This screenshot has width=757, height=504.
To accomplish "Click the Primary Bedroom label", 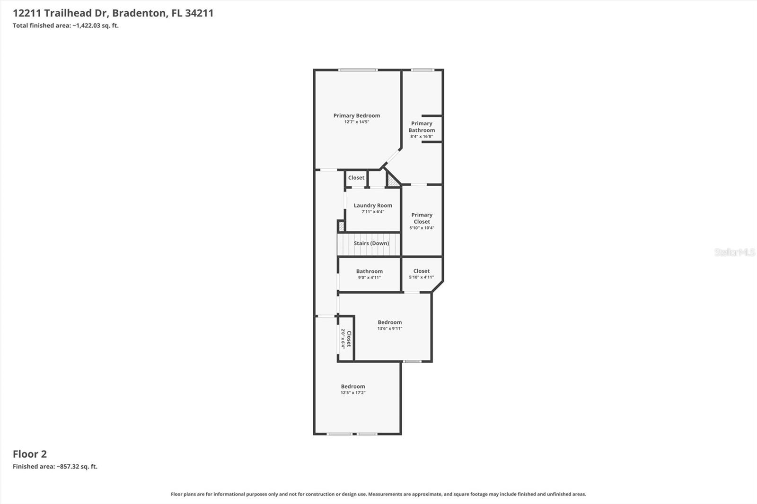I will (356, 115).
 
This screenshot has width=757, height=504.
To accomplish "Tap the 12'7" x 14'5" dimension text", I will (356, 122).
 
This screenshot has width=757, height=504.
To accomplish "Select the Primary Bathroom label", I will (422, 127).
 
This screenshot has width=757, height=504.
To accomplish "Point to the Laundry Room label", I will (373, 205).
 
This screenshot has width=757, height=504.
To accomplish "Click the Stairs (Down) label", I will (371, 243).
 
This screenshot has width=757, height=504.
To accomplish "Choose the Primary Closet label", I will (422, 218).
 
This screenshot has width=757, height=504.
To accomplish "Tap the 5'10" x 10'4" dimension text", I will (422, 228).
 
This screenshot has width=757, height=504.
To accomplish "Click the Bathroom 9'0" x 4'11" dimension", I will (369, 278).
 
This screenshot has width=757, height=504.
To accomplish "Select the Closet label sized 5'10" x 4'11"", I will (421, 271).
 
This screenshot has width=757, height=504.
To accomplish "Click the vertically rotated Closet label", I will (349, 339).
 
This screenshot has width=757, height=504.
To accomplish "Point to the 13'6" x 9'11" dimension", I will (389, 329).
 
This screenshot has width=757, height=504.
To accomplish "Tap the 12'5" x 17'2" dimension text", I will (353, 393).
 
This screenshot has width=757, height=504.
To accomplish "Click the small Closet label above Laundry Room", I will (356, 178).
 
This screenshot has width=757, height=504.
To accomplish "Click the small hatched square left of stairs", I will (341, 226).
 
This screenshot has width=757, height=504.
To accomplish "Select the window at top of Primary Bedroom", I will (358, 70).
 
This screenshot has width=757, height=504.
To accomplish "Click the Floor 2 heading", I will (30, 454).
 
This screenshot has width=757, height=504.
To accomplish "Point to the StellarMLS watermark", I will (734, 252).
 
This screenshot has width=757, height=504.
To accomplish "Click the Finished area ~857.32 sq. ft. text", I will (55, 467).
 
